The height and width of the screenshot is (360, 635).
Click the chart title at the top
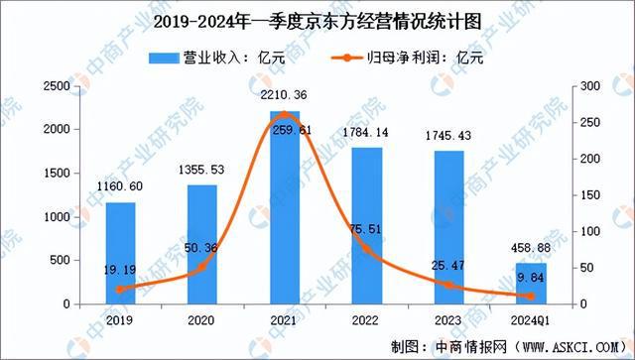coord(317,18)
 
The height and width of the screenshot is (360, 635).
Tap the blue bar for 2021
coord(283,207)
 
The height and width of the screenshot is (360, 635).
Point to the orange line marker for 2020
coord(202,267)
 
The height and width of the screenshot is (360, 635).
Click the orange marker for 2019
coord(121,290)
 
